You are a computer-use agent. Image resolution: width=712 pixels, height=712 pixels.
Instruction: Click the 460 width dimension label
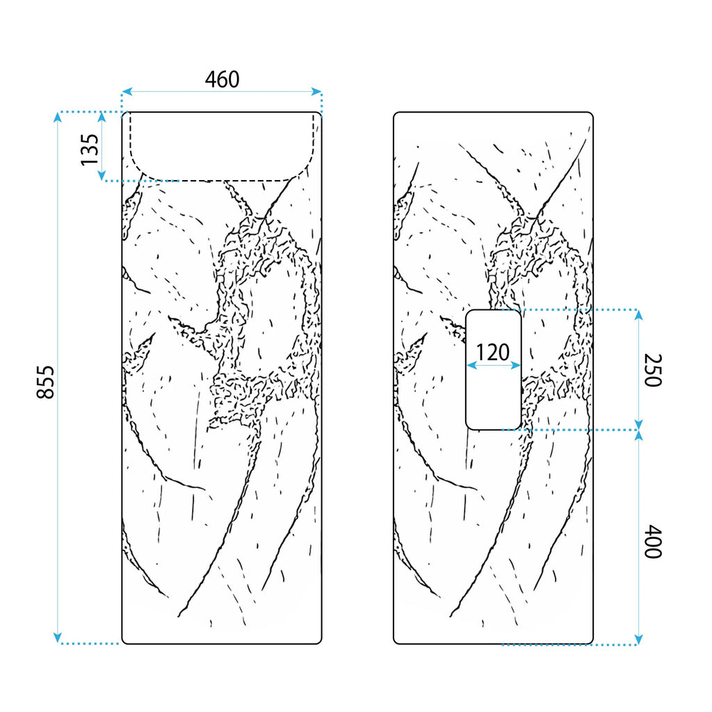(x=222, y=79)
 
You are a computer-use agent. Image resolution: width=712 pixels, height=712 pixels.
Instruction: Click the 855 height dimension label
(x=45, y=382)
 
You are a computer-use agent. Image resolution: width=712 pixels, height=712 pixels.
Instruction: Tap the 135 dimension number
(x=90, y=149)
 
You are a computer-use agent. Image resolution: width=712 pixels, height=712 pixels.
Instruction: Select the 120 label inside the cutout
(x=493, y=352)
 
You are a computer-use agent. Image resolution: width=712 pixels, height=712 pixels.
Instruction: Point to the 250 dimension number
(x=653, y=370)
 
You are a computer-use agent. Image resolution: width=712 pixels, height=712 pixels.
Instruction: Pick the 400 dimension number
(x=653, y=541)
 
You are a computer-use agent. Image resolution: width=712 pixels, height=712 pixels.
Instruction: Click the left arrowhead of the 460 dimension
(x=127, y=92)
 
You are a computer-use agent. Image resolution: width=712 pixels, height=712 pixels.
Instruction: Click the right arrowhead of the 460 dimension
(x=316, y=92)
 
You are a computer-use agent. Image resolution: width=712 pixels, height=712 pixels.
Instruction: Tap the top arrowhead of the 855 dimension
(x=57, y=117)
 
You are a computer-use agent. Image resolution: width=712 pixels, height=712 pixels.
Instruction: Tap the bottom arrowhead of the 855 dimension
(x=57, y=638)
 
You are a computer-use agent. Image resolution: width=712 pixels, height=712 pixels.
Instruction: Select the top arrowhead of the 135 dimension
(x=102, y=117)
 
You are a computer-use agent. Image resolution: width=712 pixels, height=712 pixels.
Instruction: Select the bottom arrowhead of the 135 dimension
(x=102, y=176)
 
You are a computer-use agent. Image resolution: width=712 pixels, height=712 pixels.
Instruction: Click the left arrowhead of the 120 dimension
(x=472, y=365)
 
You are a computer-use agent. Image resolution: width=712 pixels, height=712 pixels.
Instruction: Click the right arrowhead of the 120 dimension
(x=515, y=365)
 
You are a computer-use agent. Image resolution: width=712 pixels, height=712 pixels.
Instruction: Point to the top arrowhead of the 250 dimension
(x=638, y=315)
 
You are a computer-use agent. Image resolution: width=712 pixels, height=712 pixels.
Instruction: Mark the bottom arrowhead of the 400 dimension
(x=638, y=639)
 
